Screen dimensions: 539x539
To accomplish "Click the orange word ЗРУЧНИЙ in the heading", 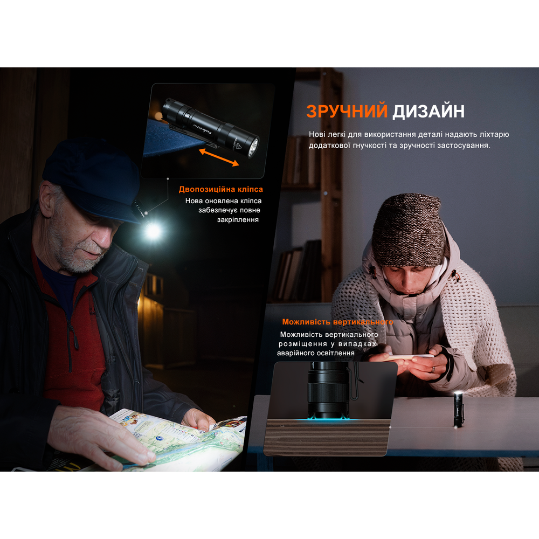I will tap(347, 111).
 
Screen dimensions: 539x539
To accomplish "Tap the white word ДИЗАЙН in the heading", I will tap(429, 111).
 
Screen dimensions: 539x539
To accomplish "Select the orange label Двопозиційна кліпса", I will tap(221, 189).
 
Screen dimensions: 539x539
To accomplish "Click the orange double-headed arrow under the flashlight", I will tap(219, 158).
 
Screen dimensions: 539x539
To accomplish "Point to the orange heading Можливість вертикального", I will tap(337, 322).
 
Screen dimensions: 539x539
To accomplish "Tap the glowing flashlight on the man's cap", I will tap(153, 231).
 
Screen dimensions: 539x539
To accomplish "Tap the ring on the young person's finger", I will tap(433, 369).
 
